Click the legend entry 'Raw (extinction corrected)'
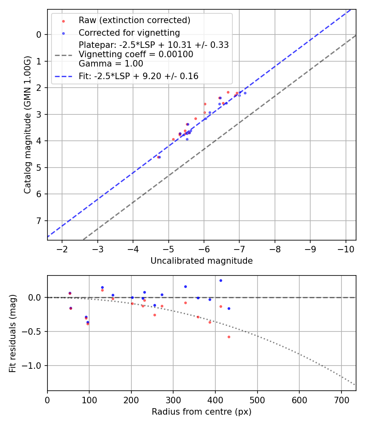134,20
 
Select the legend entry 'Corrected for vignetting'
129,32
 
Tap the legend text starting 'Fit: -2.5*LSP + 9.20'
138,76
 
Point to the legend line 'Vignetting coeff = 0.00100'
136,54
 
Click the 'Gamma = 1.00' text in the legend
111,64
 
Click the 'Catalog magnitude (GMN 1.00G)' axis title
27,125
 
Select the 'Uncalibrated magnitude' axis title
202,261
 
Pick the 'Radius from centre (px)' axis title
202,412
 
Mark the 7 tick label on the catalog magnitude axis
39,221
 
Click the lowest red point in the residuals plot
229,337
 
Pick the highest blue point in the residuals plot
221,280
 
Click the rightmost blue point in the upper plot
245,93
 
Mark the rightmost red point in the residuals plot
229,337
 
